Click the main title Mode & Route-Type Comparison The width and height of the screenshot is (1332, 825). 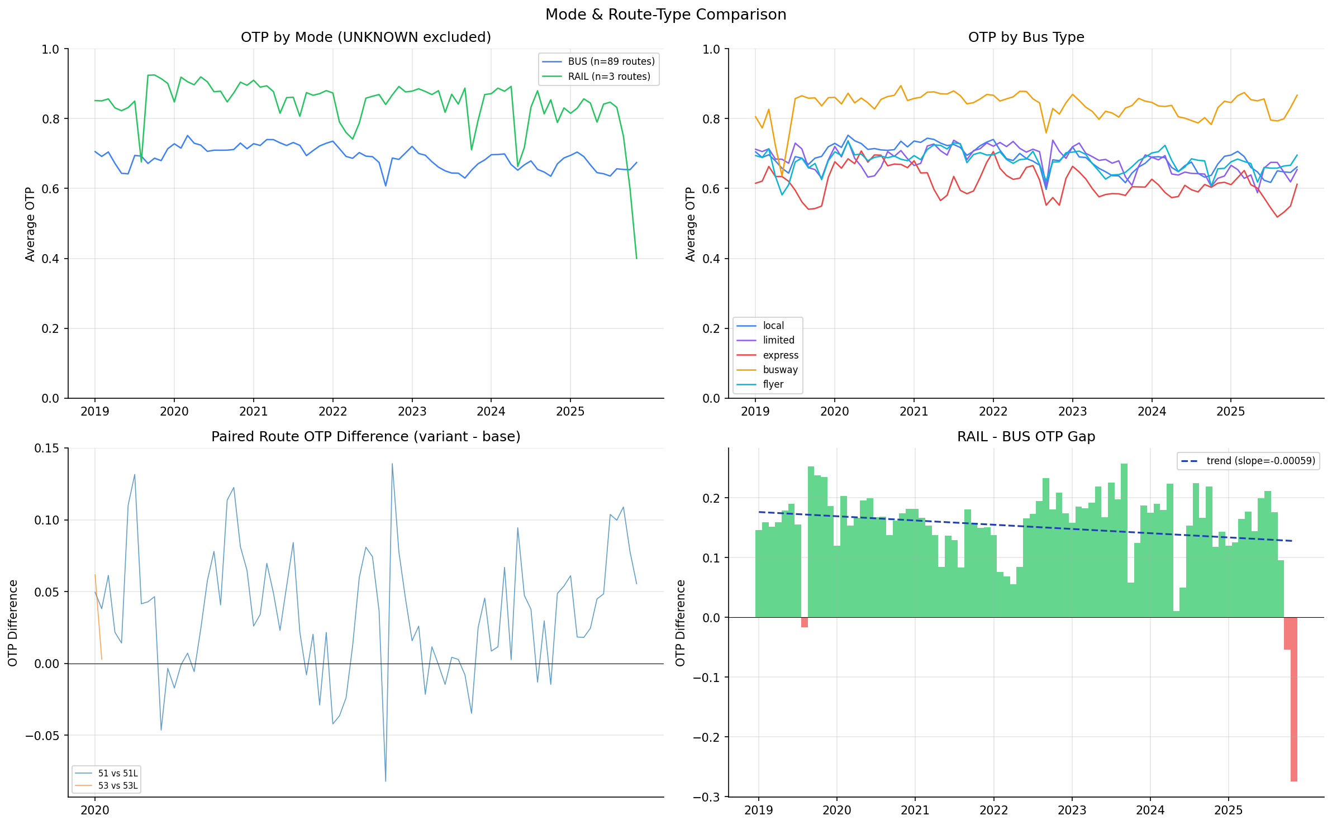click(665, 15)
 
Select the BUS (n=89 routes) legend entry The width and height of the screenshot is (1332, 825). click(611, 61)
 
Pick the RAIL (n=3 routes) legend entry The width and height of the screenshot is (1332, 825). click(608, 77)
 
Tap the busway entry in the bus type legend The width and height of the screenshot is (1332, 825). click(780, 370)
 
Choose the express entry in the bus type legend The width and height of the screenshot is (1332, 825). click(780, 355)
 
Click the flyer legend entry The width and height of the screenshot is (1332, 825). click(773, 384)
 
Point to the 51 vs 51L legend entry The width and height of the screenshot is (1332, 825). click(117, 773)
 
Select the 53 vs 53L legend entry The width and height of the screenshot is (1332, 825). click(117, 785)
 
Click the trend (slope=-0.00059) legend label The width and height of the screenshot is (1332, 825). click(1260, 461)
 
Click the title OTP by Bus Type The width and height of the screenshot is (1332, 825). click(1026, 37)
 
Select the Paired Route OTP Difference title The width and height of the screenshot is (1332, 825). click(365, 437)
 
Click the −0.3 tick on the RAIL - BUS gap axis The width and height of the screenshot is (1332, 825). click(708, 797)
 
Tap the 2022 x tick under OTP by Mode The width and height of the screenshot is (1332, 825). click(332, 412)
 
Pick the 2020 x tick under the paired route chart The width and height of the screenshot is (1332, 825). click(95, 810)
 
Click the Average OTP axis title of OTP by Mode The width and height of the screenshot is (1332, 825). click(30, 224)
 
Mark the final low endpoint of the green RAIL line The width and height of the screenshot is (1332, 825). click(636, 258)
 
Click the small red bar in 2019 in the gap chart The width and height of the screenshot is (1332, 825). click(804, 622)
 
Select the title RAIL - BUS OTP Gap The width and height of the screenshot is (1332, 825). click(1026, 437)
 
